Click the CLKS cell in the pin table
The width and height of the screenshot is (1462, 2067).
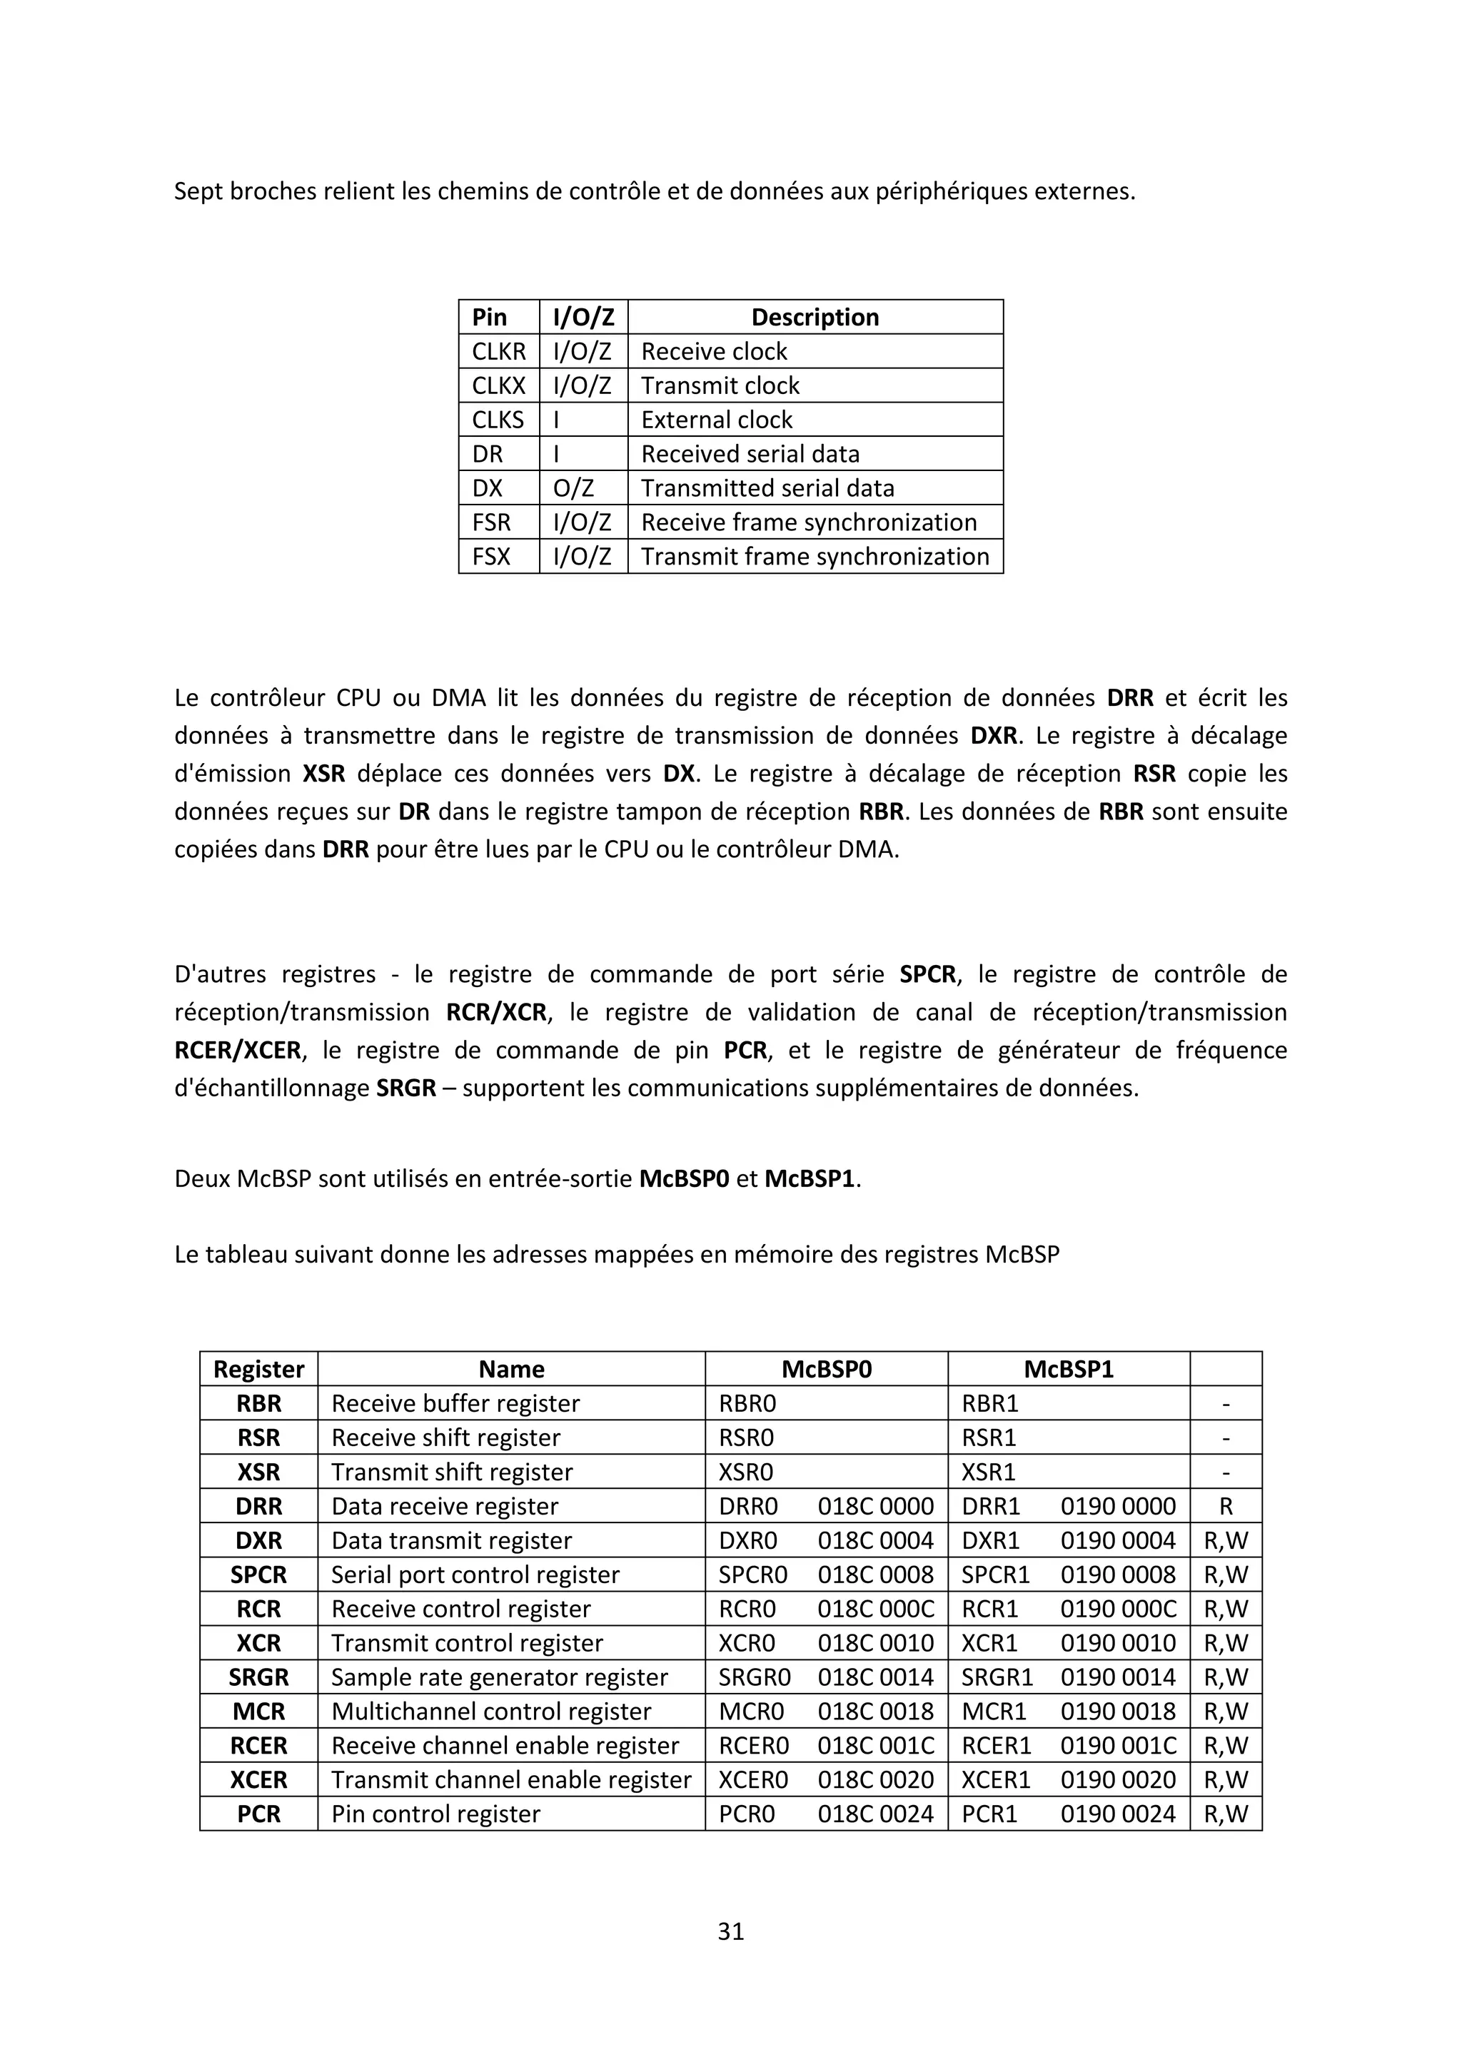pyautogui.click(x=498, y=420)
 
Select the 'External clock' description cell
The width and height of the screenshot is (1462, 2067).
pyautogui.click(x=717, y=420)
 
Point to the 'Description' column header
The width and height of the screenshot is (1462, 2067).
pyautogui.click(x=815, y=317)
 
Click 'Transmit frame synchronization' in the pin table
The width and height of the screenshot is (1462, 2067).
pyautogui.click(x=815, y=556)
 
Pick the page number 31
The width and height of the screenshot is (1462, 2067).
pyautogui.click(x=731, y=1931)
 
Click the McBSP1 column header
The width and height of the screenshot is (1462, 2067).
pyautogui.click(x=1069, y=1369)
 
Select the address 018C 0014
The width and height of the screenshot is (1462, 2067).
pyautogui.click(x=875, y=1677)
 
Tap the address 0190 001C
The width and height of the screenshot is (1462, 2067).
pyautogui.click(x=1118, y=1746)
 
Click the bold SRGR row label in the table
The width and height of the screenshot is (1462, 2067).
pyautogui.click(x=258, y=1677)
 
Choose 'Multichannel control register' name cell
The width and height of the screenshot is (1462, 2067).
pyautogui.click(x=490, y=1712)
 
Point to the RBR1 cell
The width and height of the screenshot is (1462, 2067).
pyautogui.click(x=989, y=1403)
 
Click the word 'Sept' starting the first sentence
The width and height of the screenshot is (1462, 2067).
pyautogui.click(x=196, y=192)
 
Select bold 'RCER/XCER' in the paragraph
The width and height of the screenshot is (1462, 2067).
pyautogui.click(x=238, y=1051)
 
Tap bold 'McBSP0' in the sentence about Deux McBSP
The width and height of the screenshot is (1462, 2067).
pyautogui.click(x=683, y=1179)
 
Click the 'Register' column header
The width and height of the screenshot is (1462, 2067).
pyautogui.click(x=258, y=1369)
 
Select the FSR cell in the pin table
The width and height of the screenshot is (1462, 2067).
pyautogui.click(x=492, y=522)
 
